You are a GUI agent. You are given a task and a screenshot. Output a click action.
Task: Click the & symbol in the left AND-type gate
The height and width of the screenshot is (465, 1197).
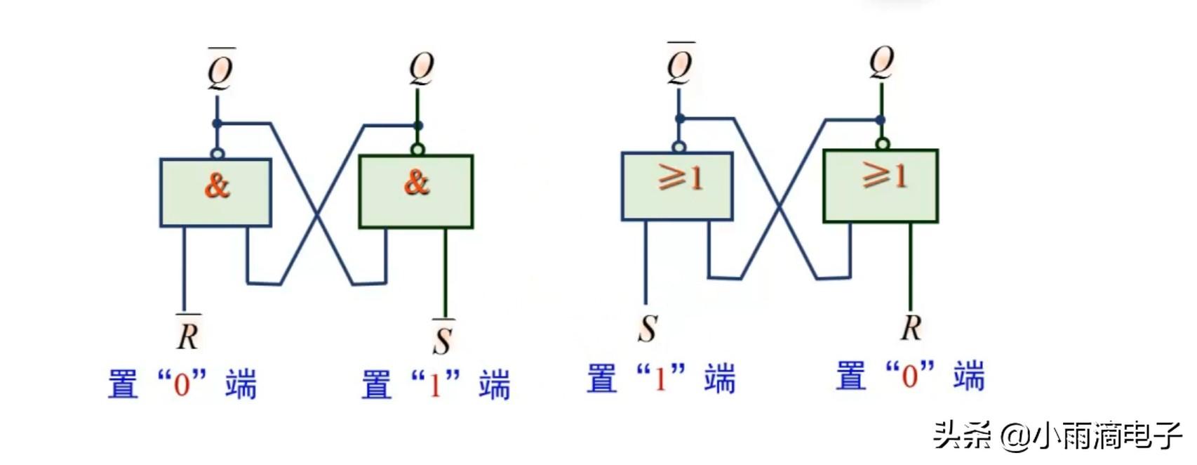pyautogui.click(x=217, y=185)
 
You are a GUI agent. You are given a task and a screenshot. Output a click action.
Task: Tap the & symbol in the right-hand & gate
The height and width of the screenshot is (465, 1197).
pyautogui.click(x=416, y=183)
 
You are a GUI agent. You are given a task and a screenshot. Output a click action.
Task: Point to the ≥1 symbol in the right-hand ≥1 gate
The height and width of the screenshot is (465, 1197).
pyautogui.click(x=883, y=175)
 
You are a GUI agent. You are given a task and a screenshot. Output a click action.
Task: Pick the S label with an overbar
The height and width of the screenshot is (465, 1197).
pyautogui.click(x=443, y=339)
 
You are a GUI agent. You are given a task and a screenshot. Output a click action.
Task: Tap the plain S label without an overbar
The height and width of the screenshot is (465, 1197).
pyautogui.click(x=648, y=328)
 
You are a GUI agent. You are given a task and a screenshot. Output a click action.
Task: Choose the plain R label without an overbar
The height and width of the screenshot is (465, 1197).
pyautogui.click(x=911, y=327)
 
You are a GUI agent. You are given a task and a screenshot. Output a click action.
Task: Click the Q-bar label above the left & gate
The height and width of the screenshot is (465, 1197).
pyautogui.click(x=220, y=70)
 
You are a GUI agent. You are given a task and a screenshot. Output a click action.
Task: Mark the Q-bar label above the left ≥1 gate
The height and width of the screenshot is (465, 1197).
pyautogui.click(x=679, y=65)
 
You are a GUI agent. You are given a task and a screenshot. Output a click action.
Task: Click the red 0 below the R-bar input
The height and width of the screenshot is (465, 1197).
pyautogui.click(x=182, y=385)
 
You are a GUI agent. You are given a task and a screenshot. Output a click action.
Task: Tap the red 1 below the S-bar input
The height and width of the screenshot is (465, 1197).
pyautogui.click(x=435, y=385)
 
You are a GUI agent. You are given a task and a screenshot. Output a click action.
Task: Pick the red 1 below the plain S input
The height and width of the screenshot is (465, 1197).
pyautogui.click(x=660, y=379)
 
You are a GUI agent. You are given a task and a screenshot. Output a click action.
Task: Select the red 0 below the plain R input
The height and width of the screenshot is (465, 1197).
pyautogui.click(x=909, y=377)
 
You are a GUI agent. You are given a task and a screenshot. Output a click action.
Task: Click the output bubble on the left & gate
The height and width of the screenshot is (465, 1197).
pyautogui.click(x=218, y=153)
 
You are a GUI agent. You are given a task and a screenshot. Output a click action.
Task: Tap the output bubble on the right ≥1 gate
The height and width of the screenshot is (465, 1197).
pyautogui.click(x=883, y=145)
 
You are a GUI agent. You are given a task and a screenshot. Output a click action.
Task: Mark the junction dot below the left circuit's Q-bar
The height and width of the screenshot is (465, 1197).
pyautogui.click(x=217, y=124)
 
